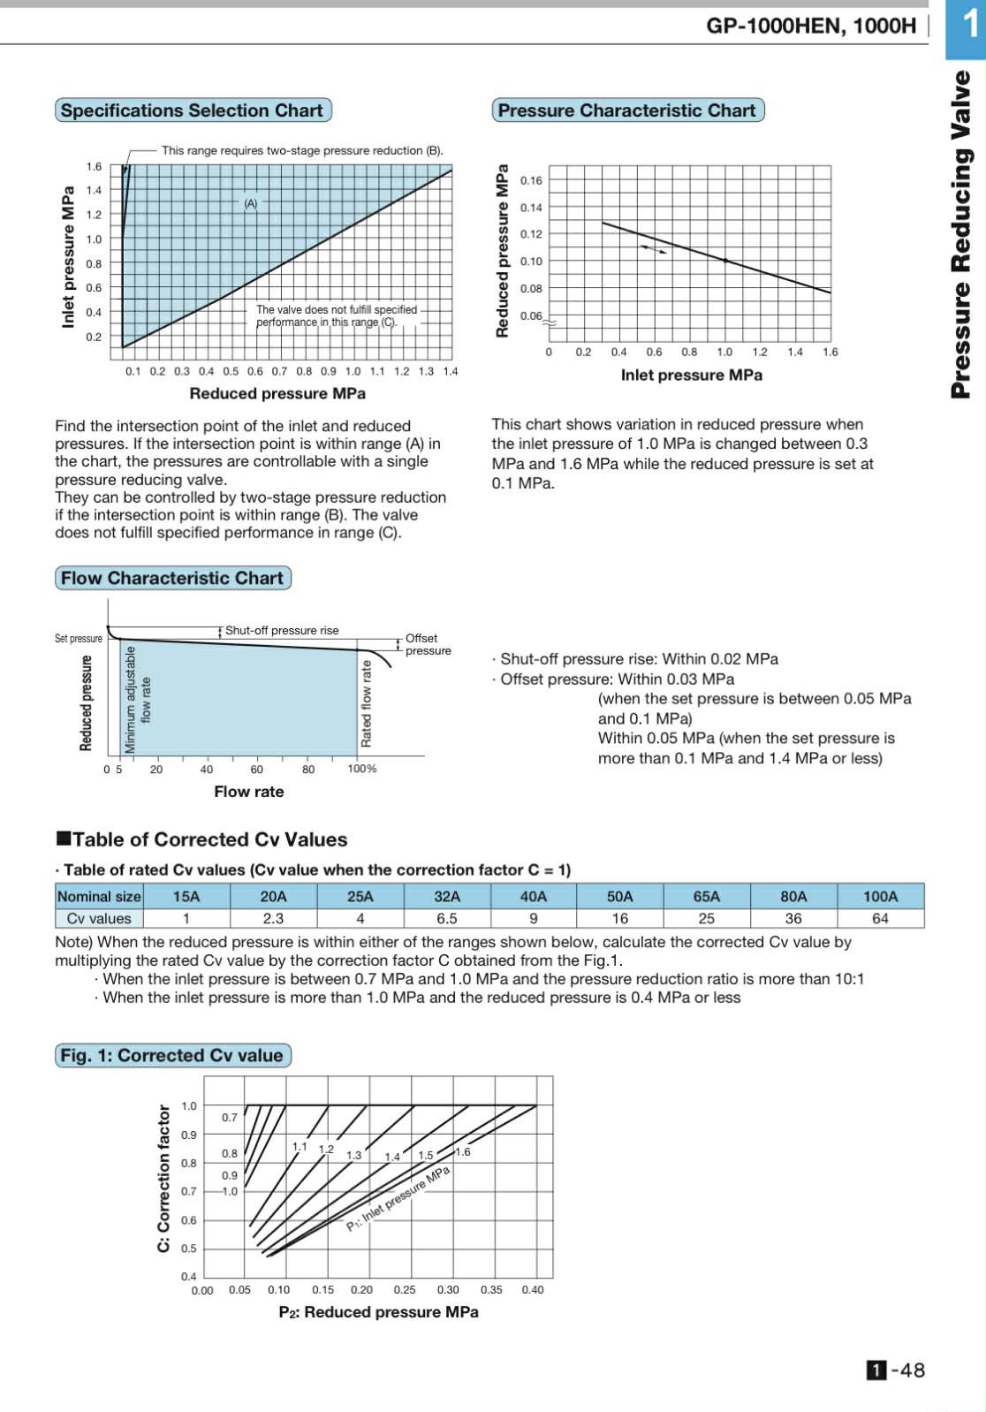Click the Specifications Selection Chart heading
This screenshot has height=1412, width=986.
click(192, 110)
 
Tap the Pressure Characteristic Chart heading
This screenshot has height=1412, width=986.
click(626, 110)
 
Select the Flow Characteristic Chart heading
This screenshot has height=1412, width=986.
click(172, 578)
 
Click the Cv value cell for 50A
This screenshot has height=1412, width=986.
click(619, 918)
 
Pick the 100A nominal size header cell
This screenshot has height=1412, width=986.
click(880, 896)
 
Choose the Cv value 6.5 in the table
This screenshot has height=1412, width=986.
click(447, 918)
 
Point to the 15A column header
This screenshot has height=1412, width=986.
click(186, 896)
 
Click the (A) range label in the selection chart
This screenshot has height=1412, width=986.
click(251, 203)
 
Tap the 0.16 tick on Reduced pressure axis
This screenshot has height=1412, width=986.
click(531, 180)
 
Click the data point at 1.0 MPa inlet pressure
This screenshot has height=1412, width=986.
click(725, 261)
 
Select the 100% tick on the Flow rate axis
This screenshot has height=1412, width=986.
click(361, 769)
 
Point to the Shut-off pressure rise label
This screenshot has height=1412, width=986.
click(282, 630)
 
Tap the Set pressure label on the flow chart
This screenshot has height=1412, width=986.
click(79, 638)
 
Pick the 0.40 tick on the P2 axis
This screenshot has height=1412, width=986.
click(533, 1289)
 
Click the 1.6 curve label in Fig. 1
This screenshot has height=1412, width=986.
click(463, 1151)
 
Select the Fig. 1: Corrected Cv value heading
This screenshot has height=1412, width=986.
click(172, 1055)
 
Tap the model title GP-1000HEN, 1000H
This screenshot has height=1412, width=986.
click(811, 25)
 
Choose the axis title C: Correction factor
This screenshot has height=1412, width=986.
click(163, 1178)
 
